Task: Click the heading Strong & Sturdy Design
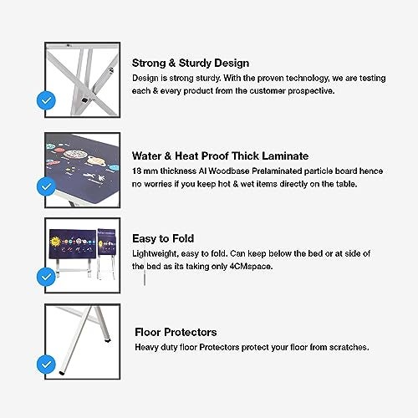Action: [191, 64]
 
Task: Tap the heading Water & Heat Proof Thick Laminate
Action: [220, 155]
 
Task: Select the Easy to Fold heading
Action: [163, 238]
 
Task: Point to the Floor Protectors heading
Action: [176, 332]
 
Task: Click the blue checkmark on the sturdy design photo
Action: [46, 100]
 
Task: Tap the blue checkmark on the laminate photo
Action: [46, 186]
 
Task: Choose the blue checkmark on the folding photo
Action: [46, 277]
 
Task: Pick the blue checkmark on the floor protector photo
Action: [46, 364]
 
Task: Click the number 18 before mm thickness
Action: [136, 171]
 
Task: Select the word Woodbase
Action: [229, 171]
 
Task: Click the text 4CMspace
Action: [251, 267]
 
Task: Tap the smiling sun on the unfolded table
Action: [55, 241]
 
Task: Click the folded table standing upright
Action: [106, 253]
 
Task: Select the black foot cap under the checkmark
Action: [61, 373]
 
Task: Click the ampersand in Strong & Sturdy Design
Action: [172, 63]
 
